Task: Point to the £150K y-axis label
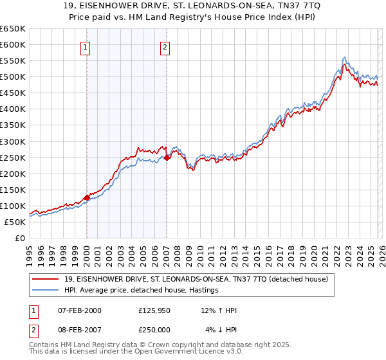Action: (x=13, y=190)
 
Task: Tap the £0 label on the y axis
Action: (x=20, y=239)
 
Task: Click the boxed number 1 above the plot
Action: (x=86, y=46)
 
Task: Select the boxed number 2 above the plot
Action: (x=165, y=46)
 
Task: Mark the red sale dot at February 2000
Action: (x=87, y=197)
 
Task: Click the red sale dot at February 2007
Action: (x=167, y=157)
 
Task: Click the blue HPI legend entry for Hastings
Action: (x=142, y=290)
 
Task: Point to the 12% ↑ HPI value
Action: (x=219, y=311)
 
